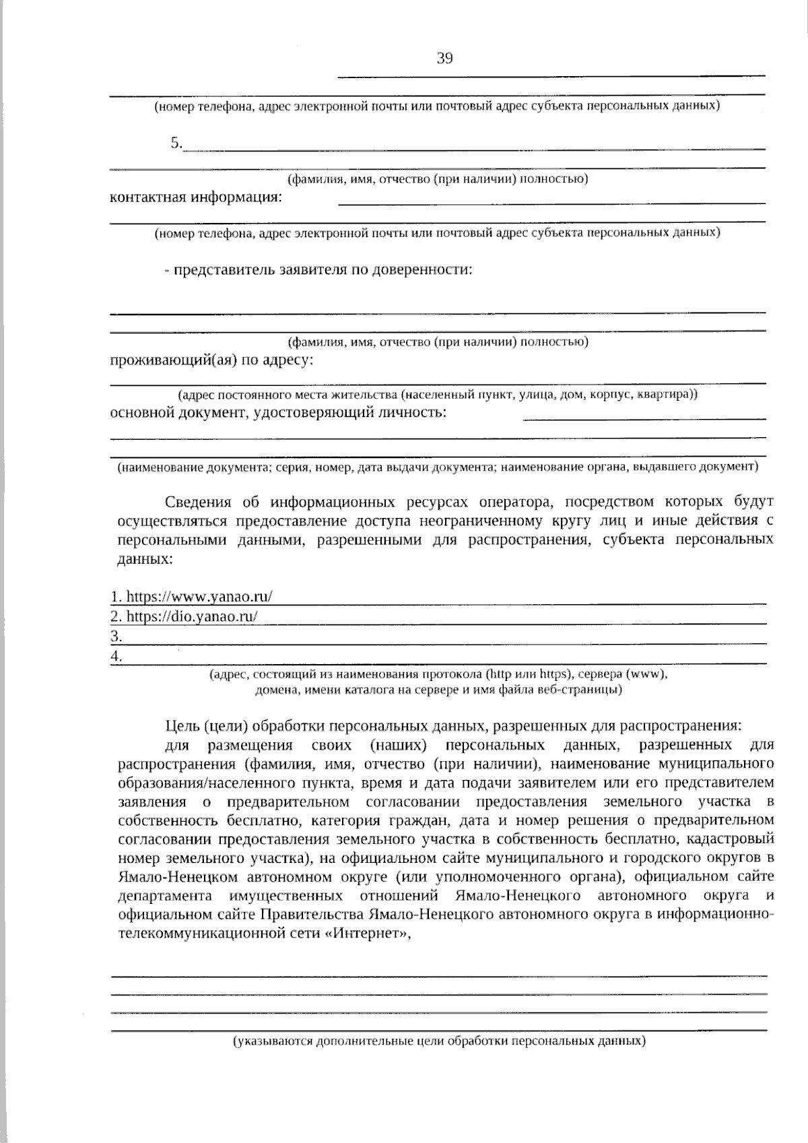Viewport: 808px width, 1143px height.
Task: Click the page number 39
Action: (444, 59)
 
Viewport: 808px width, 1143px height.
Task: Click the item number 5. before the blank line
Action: (176, 143)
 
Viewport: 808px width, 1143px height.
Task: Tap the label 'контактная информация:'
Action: (196, 198)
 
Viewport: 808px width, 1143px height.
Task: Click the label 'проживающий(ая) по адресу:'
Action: (211, 360)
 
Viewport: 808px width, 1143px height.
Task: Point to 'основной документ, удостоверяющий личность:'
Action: (277, 412)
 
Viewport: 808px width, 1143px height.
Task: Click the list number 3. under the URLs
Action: (116, 636)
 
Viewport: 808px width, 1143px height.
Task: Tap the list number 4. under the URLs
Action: (116, 656)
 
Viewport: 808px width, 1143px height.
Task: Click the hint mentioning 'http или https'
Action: (438, 674)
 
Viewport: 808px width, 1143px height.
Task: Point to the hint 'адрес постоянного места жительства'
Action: (438, 395)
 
